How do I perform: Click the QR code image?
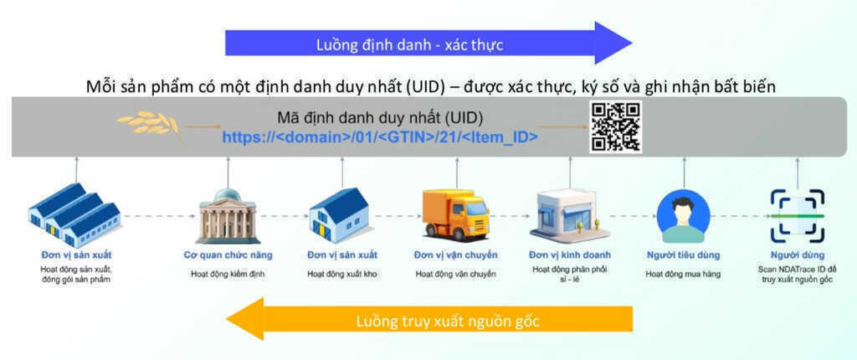[616, 127]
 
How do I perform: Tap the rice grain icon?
[148, 123]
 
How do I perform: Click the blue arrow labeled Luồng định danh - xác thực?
[428, 43]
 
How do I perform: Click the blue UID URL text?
[379, 137]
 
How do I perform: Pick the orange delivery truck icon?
[454, 213]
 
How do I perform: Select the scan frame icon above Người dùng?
[797, 215]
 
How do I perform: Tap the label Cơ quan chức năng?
[228, 255]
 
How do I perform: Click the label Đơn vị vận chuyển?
[455, 255]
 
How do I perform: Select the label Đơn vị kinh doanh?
[569, 255]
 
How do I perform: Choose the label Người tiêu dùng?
[684, 255]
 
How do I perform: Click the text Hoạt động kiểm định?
[228, 274]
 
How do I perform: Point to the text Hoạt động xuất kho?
[341, 274]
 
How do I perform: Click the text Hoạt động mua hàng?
[684, 274]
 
